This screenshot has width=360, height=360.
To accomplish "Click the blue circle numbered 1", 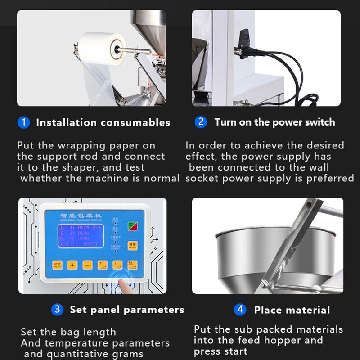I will point(23,122).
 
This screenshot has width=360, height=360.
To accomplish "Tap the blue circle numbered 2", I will point(201,122).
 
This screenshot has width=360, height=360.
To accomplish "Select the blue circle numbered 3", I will point(57,310).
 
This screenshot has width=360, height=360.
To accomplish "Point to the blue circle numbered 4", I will point(240,310).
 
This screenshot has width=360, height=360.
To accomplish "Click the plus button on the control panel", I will point(72,265).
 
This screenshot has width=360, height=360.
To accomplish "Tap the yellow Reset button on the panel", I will point(132,246).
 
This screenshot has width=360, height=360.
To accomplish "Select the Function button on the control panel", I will point(57,265).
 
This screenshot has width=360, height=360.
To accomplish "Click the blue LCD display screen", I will point(80,235).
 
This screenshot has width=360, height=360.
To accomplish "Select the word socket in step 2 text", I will point(202,178).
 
